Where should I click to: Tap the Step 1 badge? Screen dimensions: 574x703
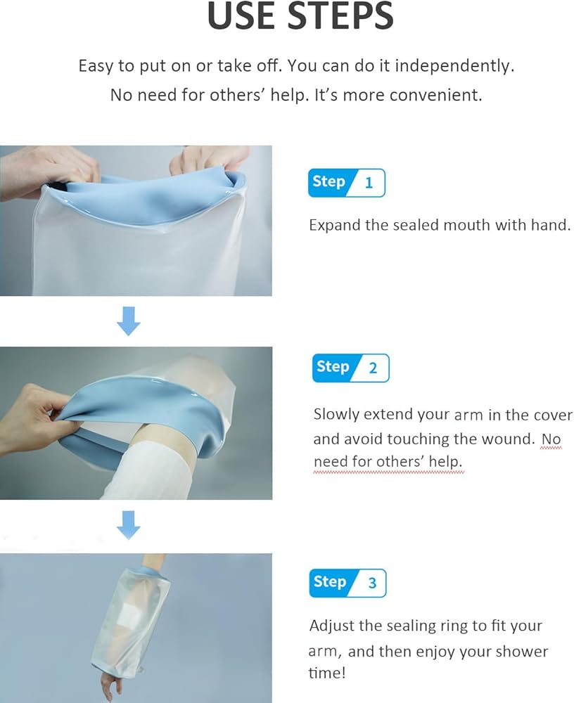click(347, 183)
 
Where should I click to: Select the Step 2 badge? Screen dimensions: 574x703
click(350, 368)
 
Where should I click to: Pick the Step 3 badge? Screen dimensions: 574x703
click(347, 583)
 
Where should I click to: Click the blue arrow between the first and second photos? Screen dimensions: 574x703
click(129, 321)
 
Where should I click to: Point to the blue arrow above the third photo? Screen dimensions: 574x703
click(129, 524)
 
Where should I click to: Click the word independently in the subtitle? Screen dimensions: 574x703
click(454, 66)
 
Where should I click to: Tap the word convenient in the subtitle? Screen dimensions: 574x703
click(435, 95)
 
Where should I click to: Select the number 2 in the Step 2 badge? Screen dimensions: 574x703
click(373, 368)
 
